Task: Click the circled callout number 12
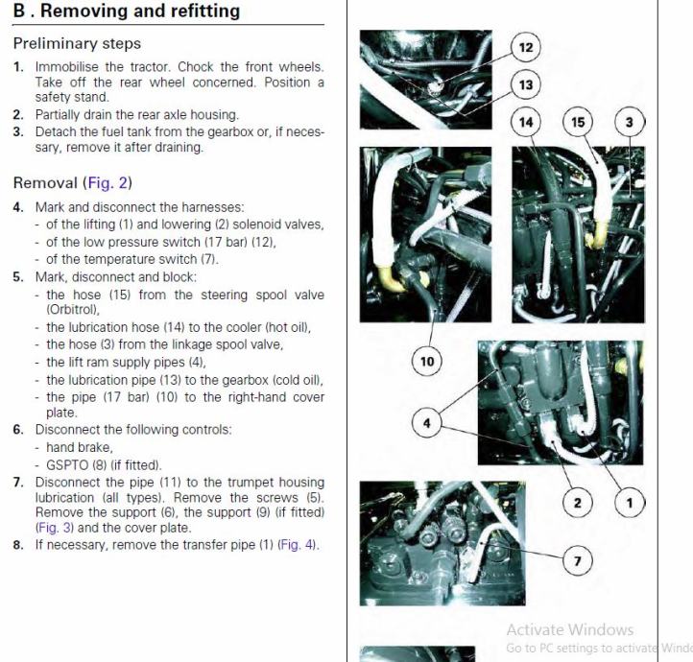526,48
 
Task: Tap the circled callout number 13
526,85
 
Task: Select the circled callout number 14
526,123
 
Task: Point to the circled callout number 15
578,123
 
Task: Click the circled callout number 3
630,123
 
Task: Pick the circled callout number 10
427,362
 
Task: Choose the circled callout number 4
427,421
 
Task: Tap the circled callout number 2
578,502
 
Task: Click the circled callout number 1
630,502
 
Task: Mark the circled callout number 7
577,562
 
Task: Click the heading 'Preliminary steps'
77,43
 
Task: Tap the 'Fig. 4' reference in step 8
297,545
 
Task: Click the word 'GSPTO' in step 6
66,464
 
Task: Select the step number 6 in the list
18,429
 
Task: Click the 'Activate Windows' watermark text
569,630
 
